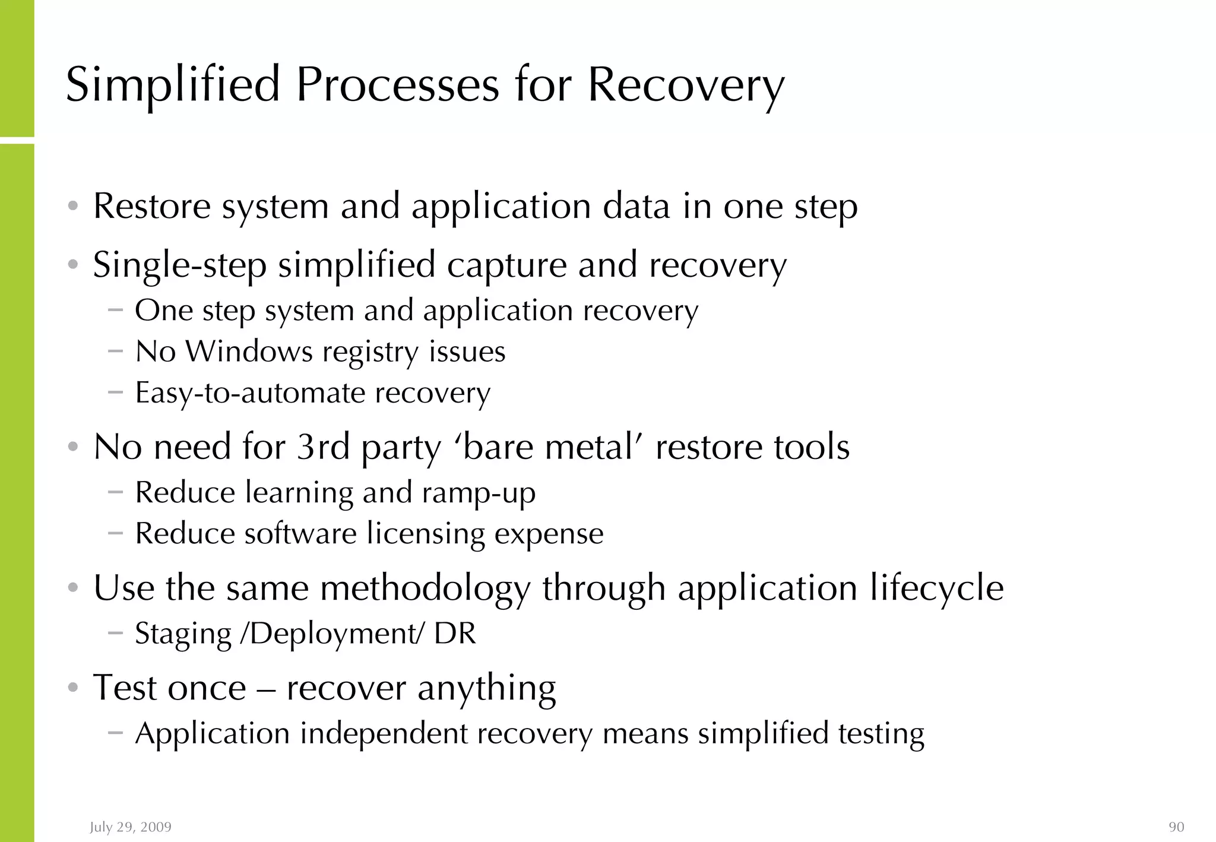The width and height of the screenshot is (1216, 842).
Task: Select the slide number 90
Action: [x=1176, y=827]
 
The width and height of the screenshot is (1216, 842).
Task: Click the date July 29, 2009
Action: [x=131, y=827]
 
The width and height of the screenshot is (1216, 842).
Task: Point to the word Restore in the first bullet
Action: [x=152, y=207]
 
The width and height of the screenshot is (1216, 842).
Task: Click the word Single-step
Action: [x=180, y=265]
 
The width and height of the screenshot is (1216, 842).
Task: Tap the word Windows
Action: [x=249, y=352]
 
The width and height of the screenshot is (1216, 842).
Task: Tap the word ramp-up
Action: [x=479, y=493]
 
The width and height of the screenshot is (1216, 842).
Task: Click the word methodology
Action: [x=425, y=589]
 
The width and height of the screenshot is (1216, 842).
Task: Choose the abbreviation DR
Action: [x=455, y=633]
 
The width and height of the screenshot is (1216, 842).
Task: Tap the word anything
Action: [x=486, y=689]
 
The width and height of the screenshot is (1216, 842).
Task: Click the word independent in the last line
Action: [x=384, y=733]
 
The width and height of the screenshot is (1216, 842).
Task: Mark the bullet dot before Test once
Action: [x=73, y=688]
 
